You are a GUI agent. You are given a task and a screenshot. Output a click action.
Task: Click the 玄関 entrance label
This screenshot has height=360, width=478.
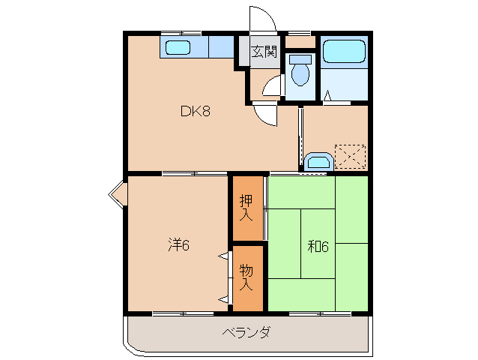[264, 52]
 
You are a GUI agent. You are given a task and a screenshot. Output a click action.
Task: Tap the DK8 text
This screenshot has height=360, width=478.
[195, 112]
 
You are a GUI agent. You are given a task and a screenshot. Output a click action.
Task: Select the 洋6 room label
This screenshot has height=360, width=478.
[178, 244]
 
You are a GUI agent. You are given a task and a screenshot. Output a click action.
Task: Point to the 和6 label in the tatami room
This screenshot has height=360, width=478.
[318, 245]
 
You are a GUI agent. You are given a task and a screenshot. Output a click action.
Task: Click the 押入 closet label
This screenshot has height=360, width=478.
[246, 208]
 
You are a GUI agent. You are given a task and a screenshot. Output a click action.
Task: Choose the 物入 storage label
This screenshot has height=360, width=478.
[246, 277]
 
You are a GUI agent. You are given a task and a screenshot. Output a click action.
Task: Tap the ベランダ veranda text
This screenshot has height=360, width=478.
[246, 332]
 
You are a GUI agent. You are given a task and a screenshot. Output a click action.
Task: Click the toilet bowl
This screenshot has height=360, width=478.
[300, 73]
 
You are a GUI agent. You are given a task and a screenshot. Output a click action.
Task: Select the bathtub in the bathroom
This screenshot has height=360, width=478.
[343, 52]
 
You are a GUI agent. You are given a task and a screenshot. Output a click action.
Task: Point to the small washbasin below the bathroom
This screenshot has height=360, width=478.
[318, 161]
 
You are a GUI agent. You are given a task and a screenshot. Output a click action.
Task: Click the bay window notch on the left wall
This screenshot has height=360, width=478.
[116, 193]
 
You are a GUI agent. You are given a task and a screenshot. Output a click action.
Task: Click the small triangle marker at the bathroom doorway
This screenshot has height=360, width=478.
[327, 96]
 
